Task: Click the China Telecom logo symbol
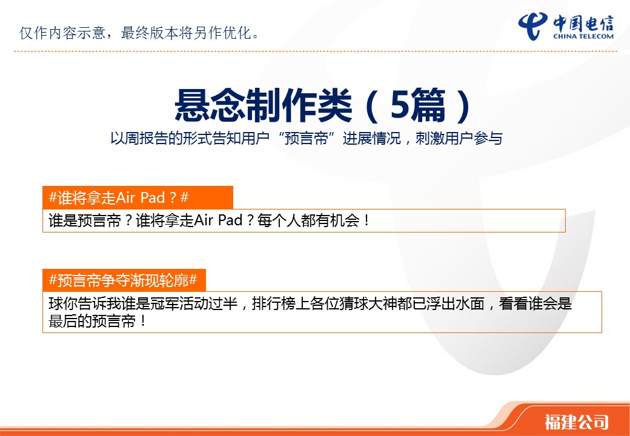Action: click(x=532, y=26)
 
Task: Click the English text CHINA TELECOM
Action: click(x=583, y=36)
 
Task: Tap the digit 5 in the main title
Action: click(x=400, y=104)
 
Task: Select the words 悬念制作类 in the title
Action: click(x=263, y=105)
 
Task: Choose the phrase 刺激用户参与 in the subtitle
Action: click(x=459, y=139)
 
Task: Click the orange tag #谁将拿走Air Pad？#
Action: click(x=138, y=197)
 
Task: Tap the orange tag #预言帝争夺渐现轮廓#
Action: click(x=124, y=280)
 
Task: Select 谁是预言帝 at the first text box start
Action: click(x=85, y=221)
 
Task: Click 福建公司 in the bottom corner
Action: click(x=577, y=421)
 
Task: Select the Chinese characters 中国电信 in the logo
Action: click(x=583, y=23)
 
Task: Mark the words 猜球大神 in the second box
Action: click(x=354, y=304)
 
